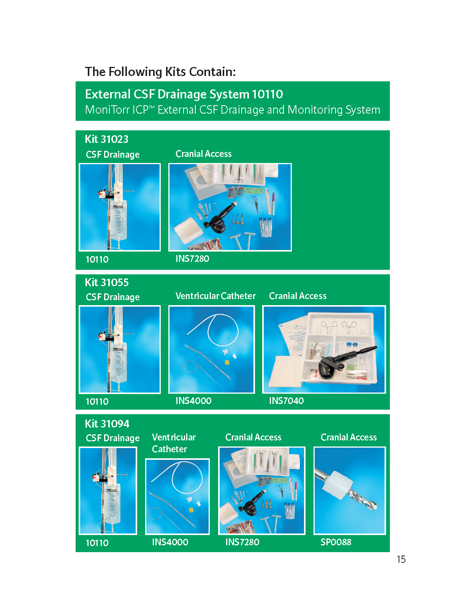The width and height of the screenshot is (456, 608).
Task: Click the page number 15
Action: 401,559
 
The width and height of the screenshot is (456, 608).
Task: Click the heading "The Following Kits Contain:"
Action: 160,72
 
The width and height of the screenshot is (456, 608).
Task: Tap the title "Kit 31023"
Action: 107,139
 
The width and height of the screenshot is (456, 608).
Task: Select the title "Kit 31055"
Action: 107,282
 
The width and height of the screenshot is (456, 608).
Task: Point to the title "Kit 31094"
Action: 107,424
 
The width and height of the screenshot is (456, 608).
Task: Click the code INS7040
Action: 286,401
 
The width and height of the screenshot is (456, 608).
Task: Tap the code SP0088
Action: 336,542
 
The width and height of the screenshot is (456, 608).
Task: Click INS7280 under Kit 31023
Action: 192,258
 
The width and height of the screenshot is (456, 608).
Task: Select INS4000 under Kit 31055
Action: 193,401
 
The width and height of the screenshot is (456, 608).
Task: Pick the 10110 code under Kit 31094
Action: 97,543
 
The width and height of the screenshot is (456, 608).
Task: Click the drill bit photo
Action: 349,491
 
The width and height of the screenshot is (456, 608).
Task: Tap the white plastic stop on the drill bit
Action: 337,485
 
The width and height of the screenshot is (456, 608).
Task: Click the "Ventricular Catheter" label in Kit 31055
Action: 215,296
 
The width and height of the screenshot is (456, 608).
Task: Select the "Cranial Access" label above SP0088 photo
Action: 348,437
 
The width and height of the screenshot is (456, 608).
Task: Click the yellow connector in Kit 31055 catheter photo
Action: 227,362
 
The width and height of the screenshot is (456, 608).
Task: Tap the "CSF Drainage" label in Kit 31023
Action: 113,155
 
